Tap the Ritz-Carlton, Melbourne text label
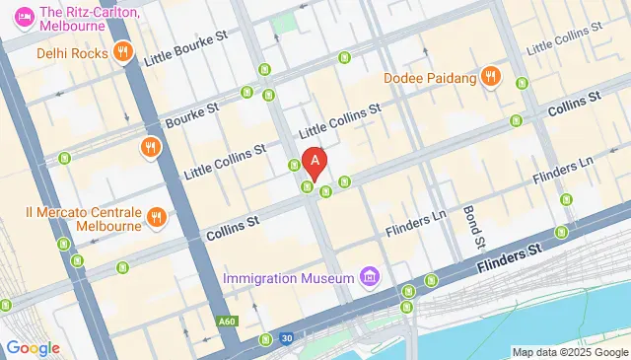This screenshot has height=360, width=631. tap(89, 20)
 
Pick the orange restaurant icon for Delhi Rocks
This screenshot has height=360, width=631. tap(122, 52)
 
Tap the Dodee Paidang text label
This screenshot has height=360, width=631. tap(429, 77)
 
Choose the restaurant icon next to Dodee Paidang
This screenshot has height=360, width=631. tap(490, 77)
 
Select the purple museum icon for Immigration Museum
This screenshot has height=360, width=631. tap(369, 276)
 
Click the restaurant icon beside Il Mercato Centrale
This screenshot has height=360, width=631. tap(155, 217)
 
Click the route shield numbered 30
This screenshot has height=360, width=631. tap(285, 338)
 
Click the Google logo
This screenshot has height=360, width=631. tap(33, 347)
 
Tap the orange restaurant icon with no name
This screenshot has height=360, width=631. tap(151, 149)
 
